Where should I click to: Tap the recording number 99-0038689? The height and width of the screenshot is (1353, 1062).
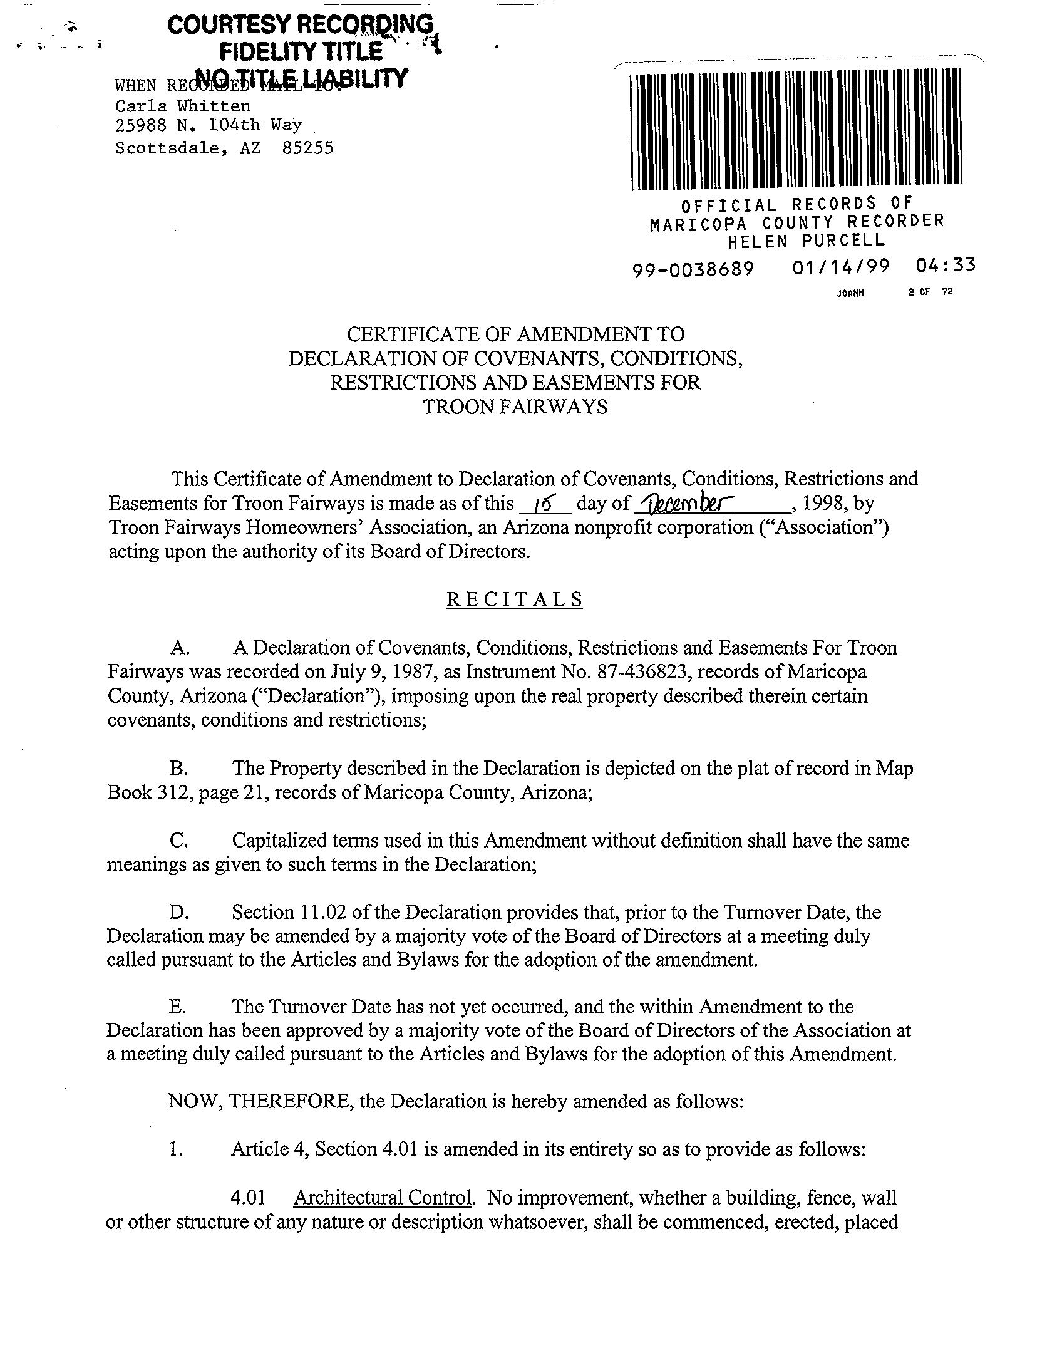coord(693,269)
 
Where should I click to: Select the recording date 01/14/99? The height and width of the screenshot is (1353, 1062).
coord(840,267)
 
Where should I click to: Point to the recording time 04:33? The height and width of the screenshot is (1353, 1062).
coord(945,266)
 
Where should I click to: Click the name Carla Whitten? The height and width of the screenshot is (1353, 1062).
coord(183,106)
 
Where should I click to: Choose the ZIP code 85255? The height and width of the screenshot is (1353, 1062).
coord(308,148)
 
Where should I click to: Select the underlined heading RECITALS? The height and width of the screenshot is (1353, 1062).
coord(514,599)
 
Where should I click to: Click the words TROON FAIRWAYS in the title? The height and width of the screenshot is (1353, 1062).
coord(515,407)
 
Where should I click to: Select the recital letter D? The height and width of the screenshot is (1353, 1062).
coord(177,913)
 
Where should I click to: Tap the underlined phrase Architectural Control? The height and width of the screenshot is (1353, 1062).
coord(383,1198)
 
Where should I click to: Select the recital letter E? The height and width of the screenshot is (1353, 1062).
coord(177,1007)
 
